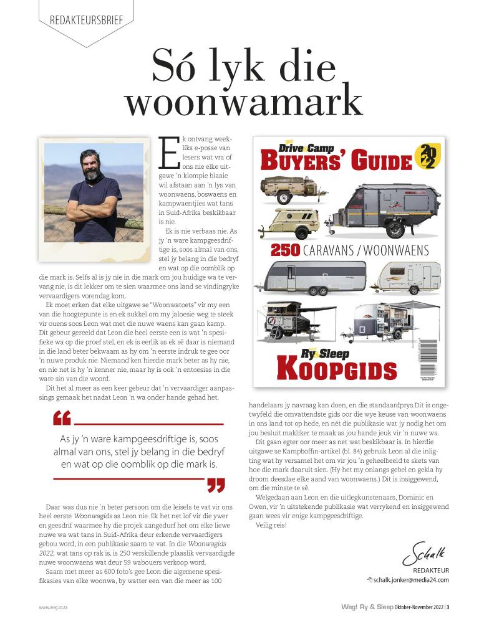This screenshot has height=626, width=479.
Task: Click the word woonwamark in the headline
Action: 243,100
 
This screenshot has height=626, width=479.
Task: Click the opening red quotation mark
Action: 62,418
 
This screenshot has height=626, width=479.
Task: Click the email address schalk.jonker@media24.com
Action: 412,580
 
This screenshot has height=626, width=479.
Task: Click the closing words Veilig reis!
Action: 271,526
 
